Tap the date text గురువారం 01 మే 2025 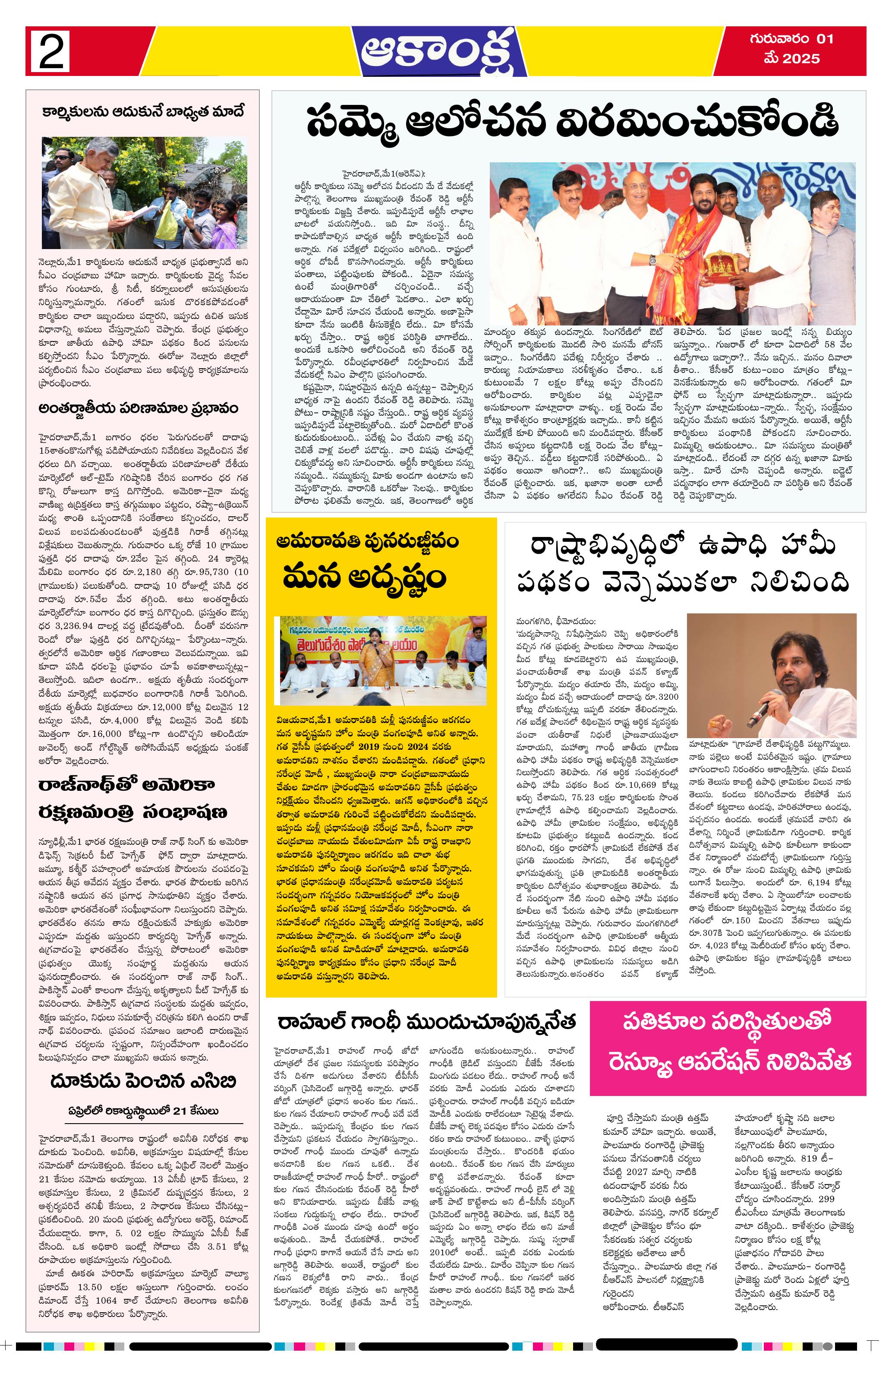[791, 49]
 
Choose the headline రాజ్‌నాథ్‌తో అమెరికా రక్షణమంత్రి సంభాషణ [133, 799]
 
